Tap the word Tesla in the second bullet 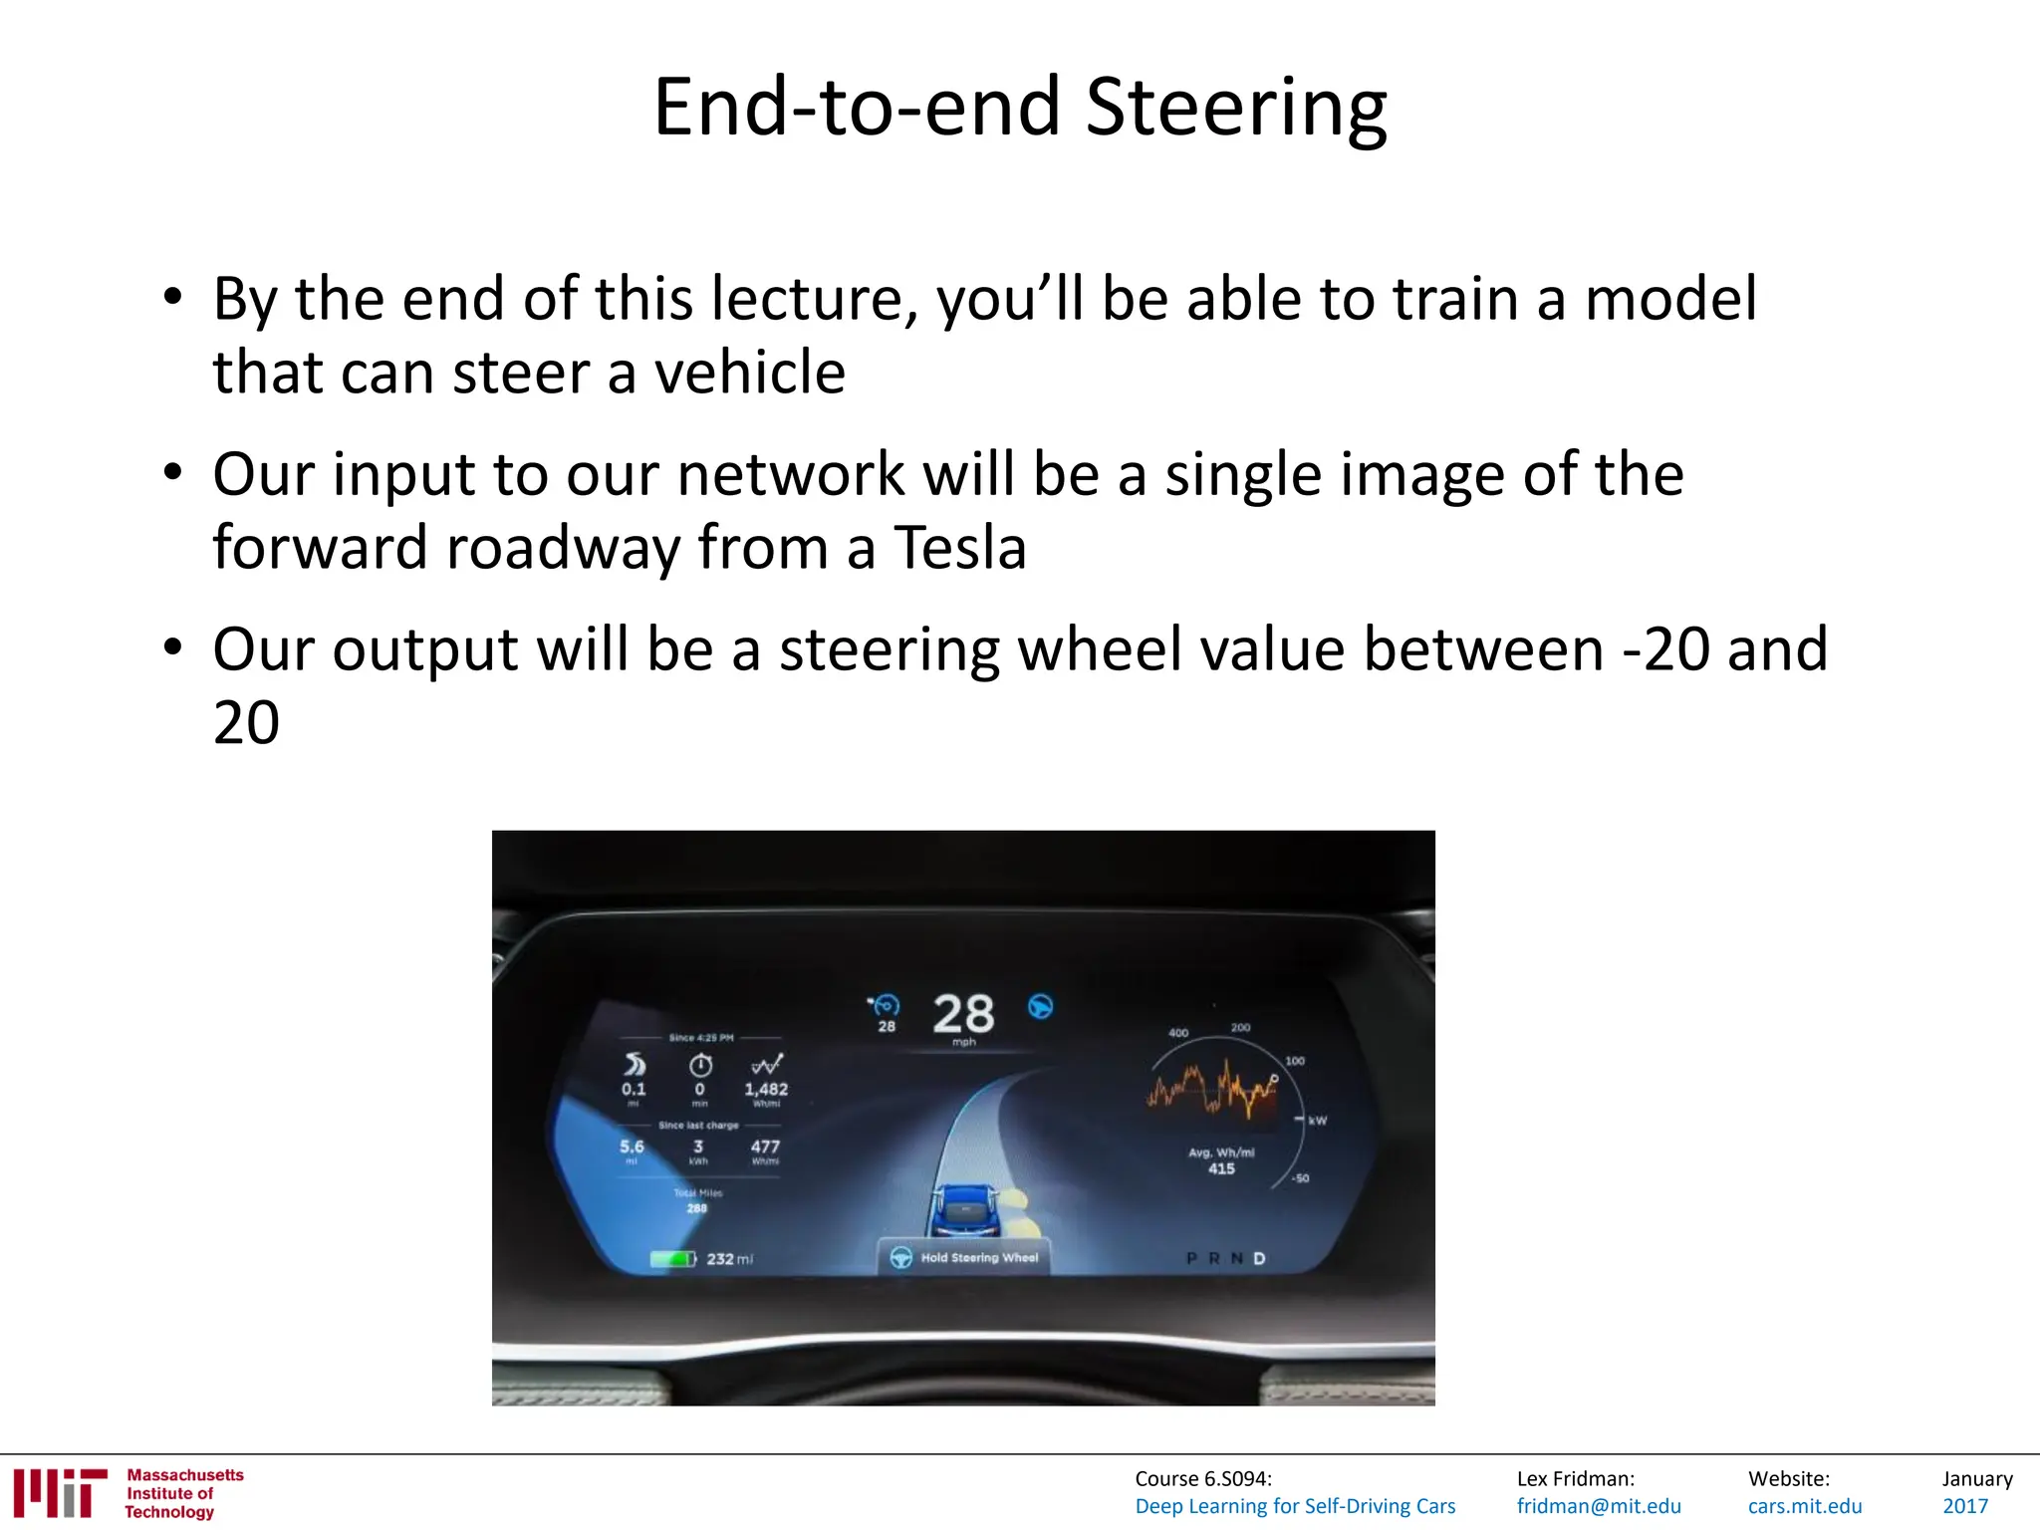point(959,547)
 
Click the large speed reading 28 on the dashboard point(963,1014)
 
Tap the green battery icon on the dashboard point(672,1259)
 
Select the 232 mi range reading point(729,1259)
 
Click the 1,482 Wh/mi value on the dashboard point(766,1090)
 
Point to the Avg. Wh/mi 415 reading point(1221,1161)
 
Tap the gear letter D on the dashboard point(1259,1258)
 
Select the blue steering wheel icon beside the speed point(1040,1007)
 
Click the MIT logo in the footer point(60,1493)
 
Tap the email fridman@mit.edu point(1599,1506)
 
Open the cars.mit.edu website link point(1805,1506)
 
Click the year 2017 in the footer point(1965,1506)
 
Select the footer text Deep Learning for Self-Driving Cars point(1295,1506)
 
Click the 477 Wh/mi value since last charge point(765,1147)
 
